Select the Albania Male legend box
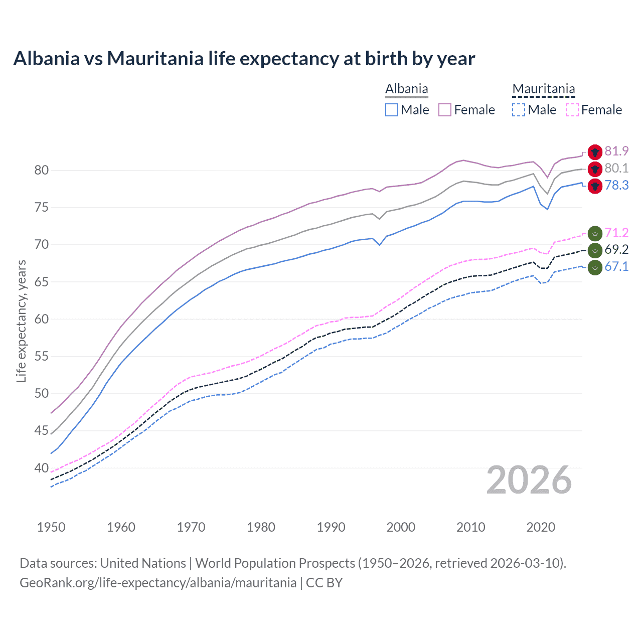coord(392,110)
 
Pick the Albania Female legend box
coord(445,110)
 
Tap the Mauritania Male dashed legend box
coord(519,110)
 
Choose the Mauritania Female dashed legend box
coord(572,110)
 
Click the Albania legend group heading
coord(406,89)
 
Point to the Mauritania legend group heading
coord(543,89)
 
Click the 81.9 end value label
coord(616,151)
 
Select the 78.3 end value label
coord(616,185)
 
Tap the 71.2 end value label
coord(616,233)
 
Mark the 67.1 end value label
coord(616,266)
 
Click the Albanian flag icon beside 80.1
coord(595,169)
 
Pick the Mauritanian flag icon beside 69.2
coord(595,250)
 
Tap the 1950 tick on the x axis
coord(51,527)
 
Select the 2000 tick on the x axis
coord(401,527)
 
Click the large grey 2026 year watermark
coord(529,480)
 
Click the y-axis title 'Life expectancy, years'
coord(21,321)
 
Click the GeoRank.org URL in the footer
coord(158,582)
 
